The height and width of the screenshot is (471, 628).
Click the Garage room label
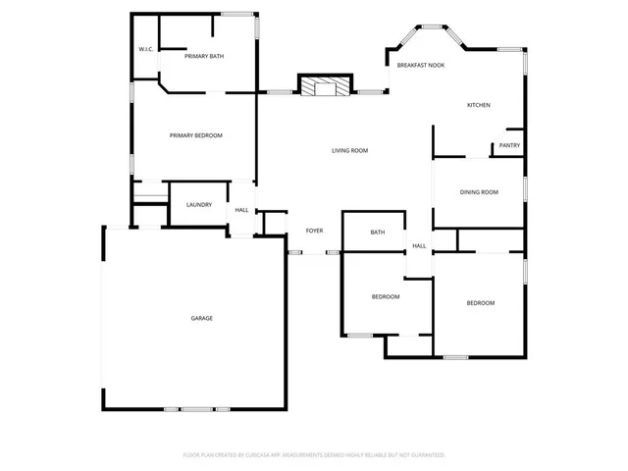point(201,318)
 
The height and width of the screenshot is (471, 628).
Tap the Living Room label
point(349,150)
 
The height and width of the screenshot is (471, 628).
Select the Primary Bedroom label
point(196,135)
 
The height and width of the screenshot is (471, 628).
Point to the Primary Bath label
point(204,57)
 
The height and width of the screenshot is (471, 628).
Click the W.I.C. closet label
point(146,49)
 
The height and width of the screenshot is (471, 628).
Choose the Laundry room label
point(199,204)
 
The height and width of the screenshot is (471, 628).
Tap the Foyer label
point(314,231)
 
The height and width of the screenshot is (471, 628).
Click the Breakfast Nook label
point(421,65)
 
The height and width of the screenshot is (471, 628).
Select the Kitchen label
point(478,105)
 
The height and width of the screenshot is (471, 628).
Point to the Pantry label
point(509,145)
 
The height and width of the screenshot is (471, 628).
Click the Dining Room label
point(479,192)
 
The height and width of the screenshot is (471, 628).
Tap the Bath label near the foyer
point(377,233)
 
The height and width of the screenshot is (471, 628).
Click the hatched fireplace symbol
point(325,87)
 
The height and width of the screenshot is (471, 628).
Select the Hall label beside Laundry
point(241,210)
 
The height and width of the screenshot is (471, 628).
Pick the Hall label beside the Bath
point(419,246)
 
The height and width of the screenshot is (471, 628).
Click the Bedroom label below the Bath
point(385,296)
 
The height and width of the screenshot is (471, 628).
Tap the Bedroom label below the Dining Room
point(480,303)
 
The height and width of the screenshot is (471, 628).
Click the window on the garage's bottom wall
point(196,408)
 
